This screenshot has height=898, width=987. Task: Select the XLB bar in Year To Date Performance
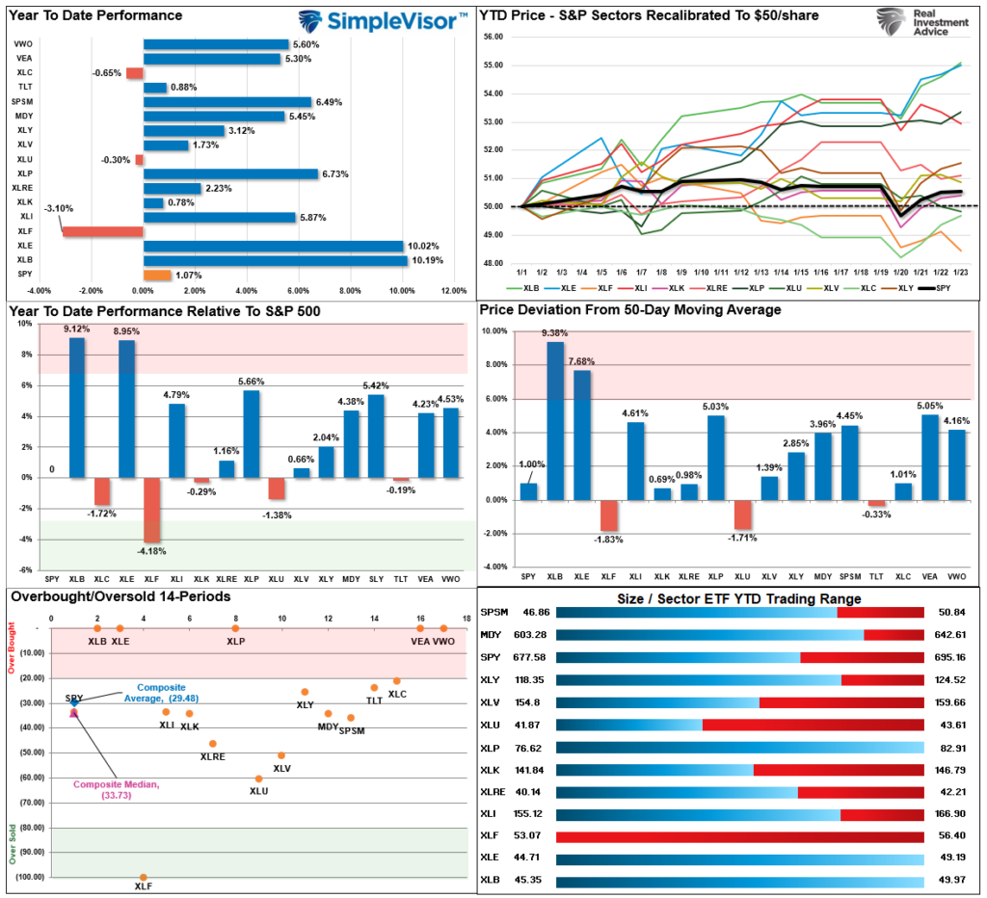275,260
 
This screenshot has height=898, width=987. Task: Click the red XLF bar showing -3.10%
102,231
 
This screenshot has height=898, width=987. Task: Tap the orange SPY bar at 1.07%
157,275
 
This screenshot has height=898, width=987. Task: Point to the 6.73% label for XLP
338,174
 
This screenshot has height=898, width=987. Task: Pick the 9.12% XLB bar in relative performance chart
77,407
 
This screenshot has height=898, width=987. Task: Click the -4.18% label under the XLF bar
152,551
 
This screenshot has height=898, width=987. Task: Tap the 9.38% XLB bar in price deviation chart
555,421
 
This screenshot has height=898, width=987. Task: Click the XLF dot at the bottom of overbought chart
143,878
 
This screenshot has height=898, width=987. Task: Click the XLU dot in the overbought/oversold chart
258,779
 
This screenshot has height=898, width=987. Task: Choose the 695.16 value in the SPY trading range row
947,657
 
